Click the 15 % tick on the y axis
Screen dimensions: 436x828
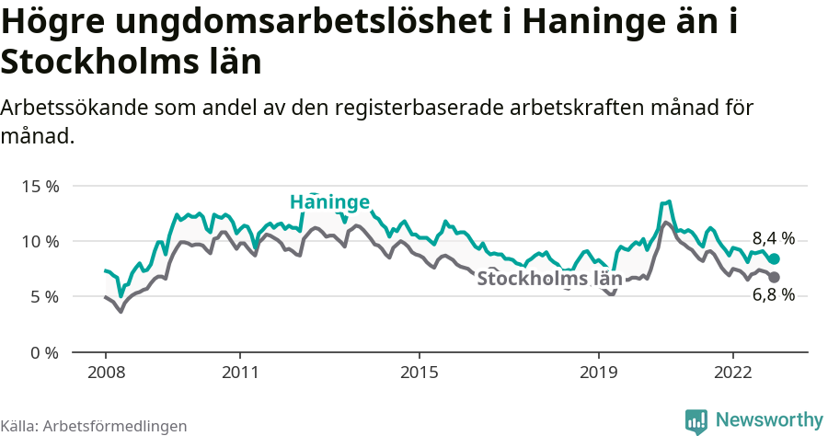40,186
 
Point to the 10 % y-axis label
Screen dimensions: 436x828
40,241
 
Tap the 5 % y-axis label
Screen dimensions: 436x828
44,296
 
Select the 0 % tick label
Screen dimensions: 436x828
44,352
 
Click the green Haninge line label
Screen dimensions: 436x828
329,202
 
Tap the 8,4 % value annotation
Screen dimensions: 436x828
773,237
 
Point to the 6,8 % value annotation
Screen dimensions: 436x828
773,295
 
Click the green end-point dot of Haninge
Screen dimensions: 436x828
774,259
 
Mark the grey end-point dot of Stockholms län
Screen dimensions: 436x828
774,277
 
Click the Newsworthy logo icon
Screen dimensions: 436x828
696,420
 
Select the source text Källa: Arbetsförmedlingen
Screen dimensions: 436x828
94,426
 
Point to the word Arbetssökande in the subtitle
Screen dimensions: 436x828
75,108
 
